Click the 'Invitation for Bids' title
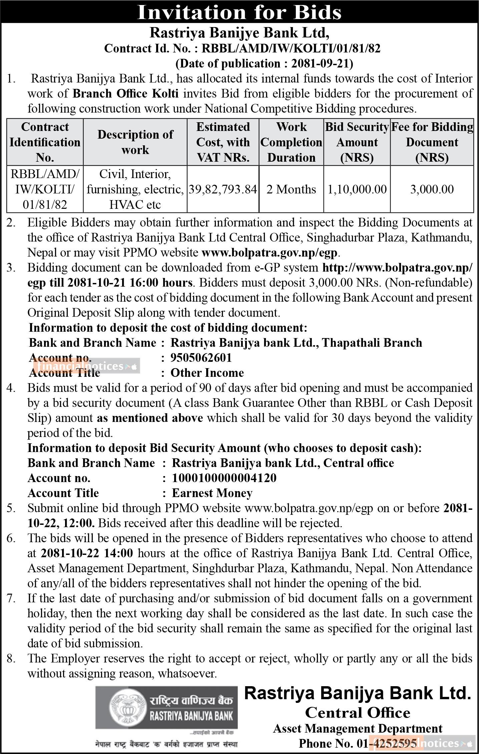click(x=239, y=12)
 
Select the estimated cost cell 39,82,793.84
click(x=223, y=189)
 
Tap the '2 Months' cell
click(x=291, y=189)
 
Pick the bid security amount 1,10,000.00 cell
click(x=357, y=189)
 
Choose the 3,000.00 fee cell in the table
click(x=432, y=189)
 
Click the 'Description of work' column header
click(x=135, y=142)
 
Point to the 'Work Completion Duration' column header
click(x=291, y=142)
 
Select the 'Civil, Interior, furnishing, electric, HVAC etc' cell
click(x=135, y=189)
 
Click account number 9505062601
click(x=201, y=358)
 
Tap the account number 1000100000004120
click(x=224, y=478)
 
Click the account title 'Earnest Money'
click(x=212, y=493)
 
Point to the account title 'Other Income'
click(x=207, y=373)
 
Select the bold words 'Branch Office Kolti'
click(x=126, y=94)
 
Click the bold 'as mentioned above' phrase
click(x=150, y=418)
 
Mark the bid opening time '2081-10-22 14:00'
click(x=87, y=553)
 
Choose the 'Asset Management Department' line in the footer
click(x=358, y=729)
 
